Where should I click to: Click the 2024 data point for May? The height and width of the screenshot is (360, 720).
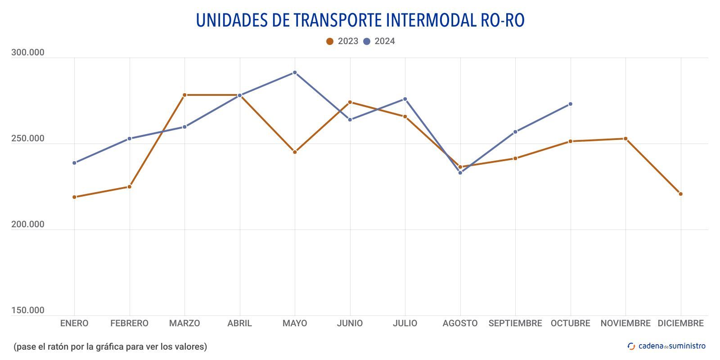295,72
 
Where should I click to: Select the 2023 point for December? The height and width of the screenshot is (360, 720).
680,194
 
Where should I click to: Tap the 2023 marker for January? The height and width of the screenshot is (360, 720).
74,197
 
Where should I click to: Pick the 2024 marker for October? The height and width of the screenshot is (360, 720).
570,104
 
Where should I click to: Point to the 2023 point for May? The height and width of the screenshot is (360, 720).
295,152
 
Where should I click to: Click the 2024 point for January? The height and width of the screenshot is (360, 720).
74,163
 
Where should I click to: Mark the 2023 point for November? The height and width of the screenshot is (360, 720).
625,139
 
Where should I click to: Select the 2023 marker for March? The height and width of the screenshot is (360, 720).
184,95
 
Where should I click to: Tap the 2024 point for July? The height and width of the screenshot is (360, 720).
405,99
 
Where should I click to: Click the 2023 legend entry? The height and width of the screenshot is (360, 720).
342,41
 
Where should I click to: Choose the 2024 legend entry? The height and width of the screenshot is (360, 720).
379,41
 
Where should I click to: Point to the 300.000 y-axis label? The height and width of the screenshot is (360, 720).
28,53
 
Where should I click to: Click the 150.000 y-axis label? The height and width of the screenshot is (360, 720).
28,310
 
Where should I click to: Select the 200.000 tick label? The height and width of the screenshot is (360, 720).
28,224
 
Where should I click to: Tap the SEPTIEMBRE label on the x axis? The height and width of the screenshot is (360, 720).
515,323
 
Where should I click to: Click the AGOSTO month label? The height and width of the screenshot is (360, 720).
460,323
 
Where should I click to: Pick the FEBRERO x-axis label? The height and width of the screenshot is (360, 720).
129,323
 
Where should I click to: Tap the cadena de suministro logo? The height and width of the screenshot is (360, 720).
666,346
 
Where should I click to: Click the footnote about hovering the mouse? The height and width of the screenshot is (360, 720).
110,346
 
